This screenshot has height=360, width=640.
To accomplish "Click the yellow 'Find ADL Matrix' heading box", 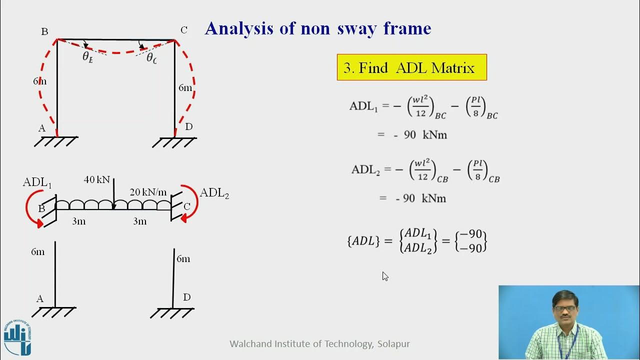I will tap(411, 67).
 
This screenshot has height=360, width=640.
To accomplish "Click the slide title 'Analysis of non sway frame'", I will tap(317, 28).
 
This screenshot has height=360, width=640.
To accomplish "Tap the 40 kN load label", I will tap(96, 179).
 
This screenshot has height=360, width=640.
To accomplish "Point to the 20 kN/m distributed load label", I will tap(148, 192).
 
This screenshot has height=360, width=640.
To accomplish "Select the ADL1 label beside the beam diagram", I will tap(37, 182).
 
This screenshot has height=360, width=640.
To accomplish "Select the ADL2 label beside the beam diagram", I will tap(214, 193).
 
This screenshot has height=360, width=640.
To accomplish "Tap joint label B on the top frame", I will tap(44, 32).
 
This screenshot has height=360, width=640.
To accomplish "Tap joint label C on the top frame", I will tap(184, 30).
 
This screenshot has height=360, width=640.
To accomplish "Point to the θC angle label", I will tap(151, 58).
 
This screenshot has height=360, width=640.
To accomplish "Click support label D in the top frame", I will tap(188, 127).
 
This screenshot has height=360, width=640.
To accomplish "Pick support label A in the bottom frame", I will tap(40, 299).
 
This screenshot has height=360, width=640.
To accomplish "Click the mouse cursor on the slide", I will tap(385, 276).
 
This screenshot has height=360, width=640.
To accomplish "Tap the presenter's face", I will tap(565, 309).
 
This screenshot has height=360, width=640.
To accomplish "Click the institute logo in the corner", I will tap(18, 337).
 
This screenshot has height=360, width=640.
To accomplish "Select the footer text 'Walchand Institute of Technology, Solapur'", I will tap(319, 344).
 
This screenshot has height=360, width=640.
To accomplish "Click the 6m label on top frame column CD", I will tap(185, 88).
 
